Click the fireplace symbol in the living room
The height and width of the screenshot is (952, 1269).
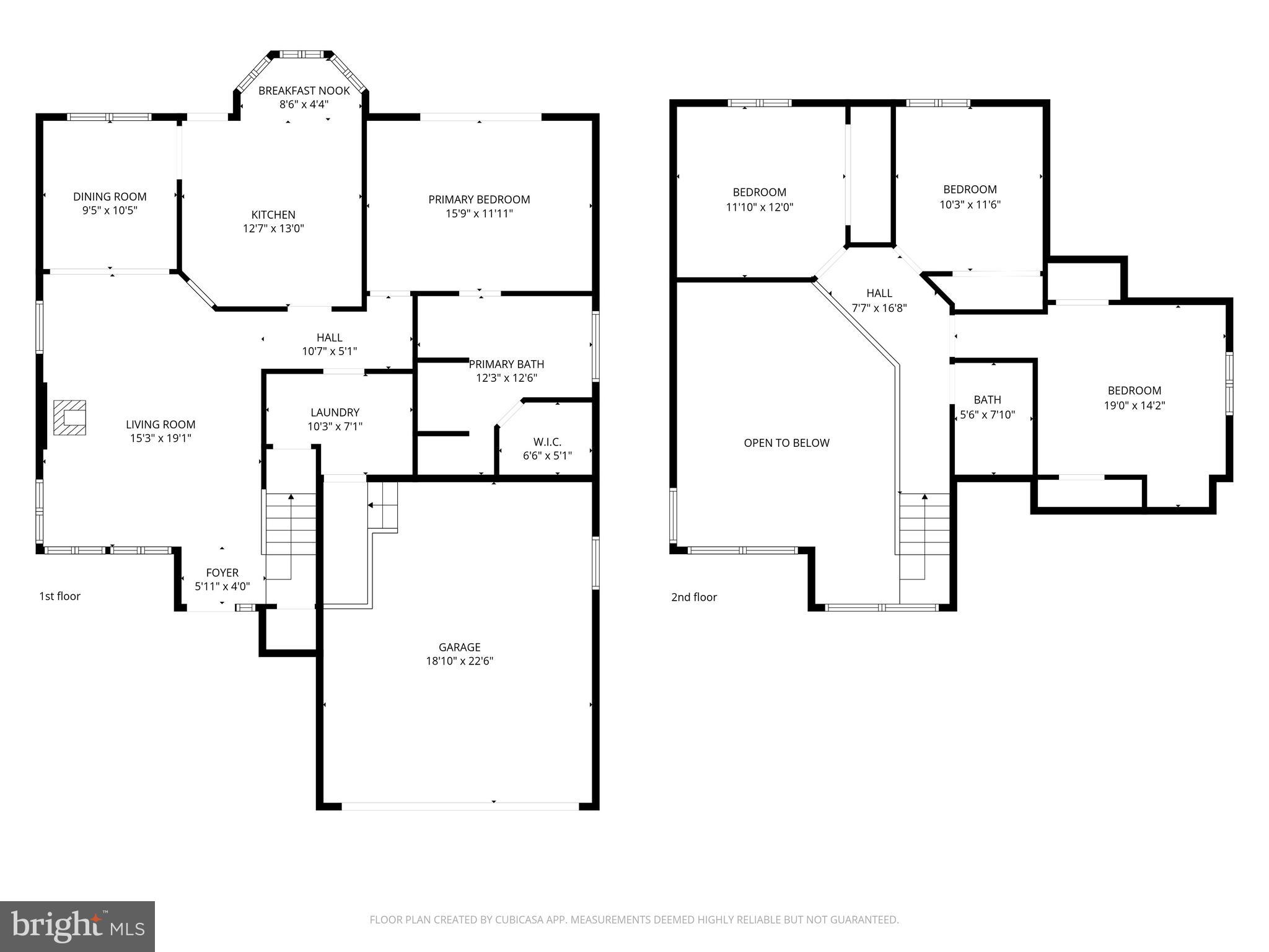[69, 418]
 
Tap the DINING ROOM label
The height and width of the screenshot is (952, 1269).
[110, 196]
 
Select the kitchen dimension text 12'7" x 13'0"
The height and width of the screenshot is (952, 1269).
[273, 229]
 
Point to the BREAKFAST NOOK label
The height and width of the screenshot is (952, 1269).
[304, 90]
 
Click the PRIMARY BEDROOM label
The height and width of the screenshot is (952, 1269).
[479, 200]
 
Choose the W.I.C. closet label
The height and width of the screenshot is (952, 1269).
[547, 442]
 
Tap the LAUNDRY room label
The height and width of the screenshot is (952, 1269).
[335, 412]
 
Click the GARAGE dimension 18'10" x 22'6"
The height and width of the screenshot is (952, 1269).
[459, 661]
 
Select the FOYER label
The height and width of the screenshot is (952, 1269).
[222, 573]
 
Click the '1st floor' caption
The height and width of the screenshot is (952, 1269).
[59, 596]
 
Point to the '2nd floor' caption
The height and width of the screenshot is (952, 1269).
[693, 597]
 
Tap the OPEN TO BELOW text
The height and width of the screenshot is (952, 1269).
[786, 443]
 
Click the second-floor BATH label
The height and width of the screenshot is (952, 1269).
[987, 400]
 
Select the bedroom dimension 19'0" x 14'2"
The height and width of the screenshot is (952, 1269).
[1134, 405]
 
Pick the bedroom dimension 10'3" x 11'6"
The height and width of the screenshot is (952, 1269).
[970, 205]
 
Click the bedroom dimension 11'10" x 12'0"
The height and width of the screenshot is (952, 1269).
[759, 207]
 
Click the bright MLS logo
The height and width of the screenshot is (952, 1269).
[77, 927]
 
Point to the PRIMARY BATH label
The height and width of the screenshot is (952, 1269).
[506, 364]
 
